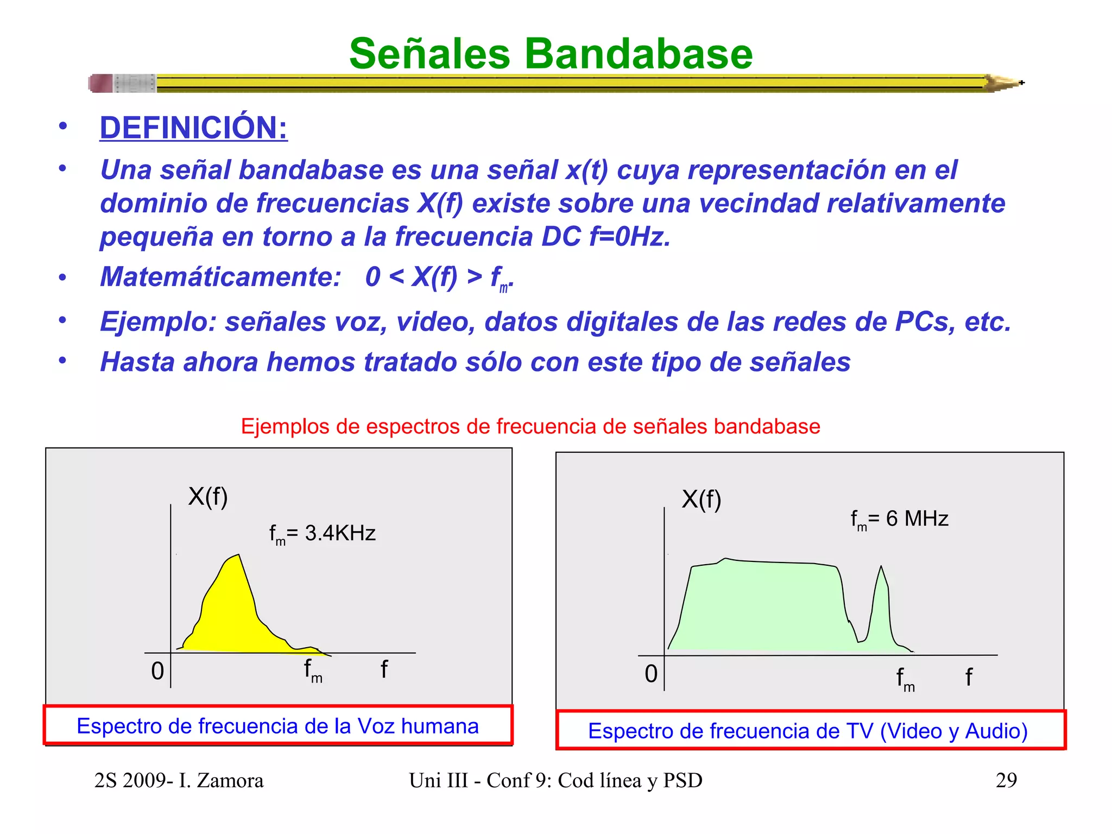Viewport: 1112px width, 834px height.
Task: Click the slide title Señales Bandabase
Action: tap(551, 54)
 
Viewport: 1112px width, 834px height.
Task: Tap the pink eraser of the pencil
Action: tap(101, 83)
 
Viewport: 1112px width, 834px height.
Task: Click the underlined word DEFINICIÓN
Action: tap(193, 128)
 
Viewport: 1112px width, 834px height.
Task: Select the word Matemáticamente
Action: tap(220, 277)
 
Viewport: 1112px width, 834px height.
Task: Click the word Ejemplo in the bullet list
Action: tap(157, 321)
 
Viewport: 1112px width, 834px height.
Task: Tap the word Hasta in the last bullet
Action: tap(137, 362)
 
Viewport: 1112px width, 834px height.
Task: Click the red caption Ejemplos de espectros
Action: tap(530, 427)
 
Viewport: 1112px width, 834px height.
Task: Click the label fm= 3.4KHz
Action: tap(323, 534)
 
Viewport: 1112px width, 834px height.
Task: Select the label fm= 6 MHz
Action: tap(899, 520)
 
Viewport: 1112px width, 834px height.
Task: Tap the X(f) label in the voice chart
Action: tap(208, 496)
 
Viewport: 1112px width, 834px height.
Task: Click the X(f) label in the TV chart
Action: tap(702, 499)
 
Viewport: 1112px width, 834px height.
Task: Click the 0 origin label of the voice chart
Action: tap(157, 671)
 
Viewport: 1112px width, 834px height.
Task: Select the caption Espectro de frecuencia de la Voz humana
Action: tap(277, 726)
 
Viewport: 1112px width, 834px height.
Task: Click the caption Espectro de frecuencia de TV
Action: tap(808, 731)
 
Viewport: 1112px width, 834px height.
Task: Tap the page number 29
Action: tap(1006, 780)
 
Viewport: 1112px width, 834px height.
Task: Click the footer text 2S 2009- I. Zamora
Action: tap(179, 780)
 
